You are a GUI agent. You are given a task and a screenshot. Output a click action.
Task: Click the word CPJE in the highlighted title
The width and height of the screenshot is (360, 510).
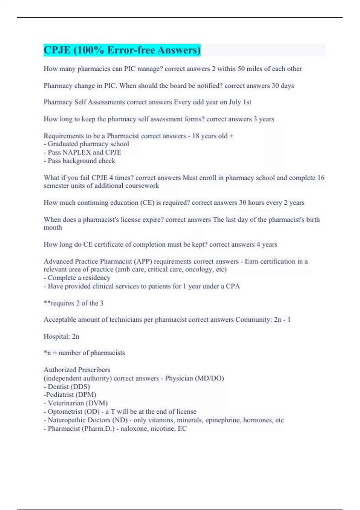coord(57,50)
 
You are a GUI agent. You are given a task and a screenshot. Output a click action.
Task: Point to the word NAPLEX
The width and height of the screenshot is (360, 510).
coord(76,152)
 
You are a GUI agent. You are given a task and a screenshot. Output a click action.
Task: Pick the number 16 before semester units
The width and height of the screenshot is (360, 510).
coord(321,178)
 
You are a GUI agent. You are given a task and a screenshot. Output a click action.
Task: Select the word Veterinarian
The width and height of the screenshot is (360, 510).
coord(66,403)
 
